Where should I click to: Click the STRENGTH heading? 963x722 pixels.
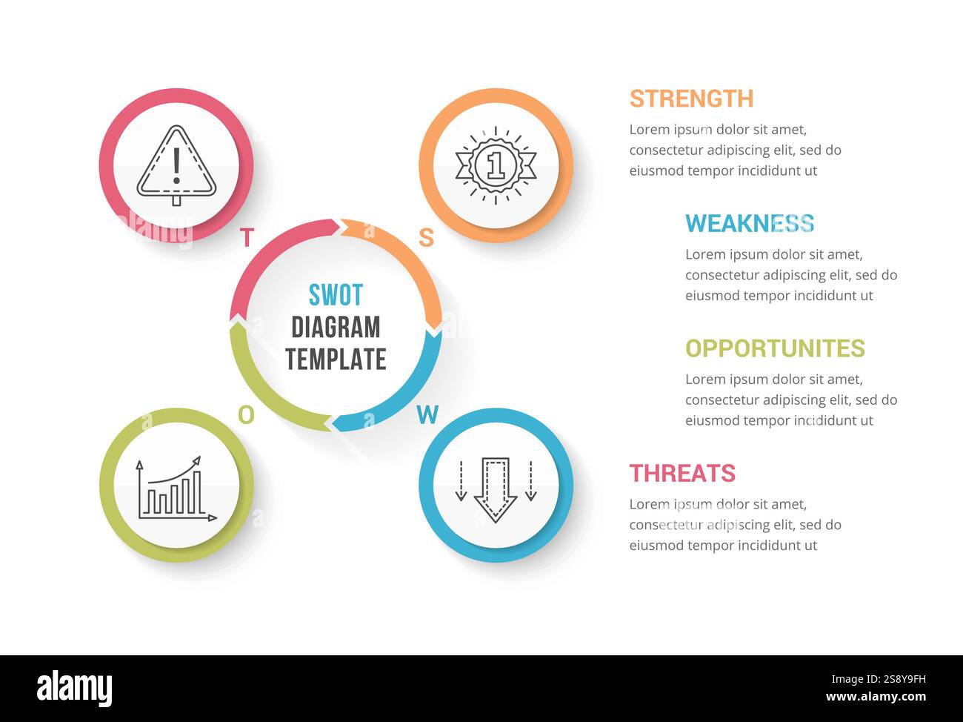point(691,99)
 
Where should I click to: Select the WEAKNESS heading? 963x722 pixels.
point(749,223)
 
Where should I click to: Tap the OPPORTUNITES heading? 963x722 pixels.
point(775,348)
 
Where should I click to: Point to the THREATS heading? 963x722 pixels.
point(682,473)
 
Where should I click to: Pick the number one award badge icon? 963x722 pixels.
point(496,165)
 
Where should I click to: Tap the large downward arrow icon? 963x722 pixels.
point(496,488)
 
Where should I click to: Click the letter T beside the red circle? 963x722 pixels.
point(247,238)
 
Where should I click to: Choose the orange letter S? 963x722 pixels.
point(426,237)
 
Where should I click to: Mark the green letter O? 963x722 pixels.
point(246,415)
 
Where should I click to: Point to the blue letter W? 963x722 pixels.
point(427,415)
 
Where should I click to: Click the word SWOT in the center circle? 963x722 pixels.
point(336,295)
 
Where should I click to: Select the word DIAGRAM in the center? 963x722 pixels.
point(336,327)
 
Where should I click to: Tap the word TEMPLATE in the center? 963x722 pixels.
point(336,360)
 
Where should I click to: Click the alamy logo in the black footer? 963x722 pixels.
point(75,689)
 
